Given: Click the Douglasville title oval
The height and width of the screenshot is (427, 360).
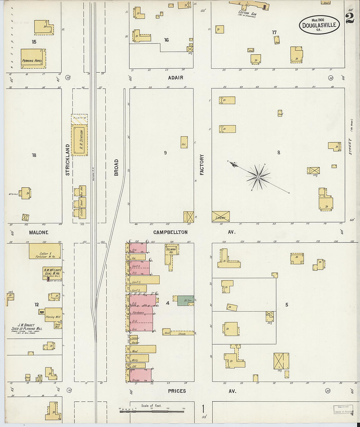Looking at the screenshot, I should point(319,25).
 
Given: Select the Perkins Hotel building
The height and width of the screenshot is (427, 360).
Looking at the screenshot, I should point(33,59).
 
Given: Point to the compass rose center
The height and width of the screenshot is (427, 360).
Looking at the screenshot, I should point(258,177).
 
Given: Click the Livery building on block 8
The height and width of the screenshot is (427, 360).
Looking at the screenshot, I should point(221,217).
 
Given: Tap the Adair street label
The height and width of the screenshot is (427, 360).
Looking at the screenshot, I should point(176,78).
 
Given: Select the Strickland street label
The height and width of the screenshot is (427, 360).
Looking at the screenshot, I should point(68,160).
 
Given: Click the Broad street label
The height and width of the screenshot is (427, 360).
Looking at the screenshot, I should point(116,168).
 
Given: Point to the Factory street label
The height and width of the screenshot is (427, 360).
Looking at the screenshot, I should point(202,165).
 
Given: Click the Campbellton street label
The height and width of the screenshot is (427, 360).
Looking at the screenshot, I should point(171,232).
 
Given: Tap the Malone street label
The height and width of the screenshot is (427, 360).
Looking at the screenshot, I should point(39,233).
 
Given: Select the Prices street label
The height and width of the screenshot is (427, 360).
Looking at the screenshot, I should point(177,391).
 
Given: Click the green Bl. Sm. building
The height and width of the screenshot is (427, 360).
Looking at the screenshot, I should point(186,300).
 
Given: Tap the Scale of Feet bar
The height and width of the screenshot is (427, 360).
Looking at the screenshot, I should point(152,411).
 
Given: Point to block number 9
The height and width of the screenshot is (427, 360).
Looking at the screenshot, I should point(165,153).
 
